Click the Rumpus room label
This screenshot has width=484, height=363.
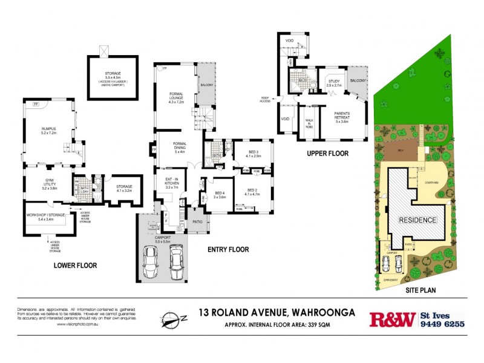pos(48,129)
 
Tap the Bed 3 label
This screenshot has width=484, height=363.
pos(253,153)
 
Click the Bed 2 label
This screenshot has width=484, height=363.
pos(253,191)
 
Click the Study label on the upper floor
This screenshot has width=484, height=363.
pos(334,82)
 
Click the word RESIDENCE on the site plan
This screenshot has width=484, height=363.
pos(417,220)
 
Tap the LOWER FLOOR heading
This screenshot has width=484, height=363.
pos(76,265)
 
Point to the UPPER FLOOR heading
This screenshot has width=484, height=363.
pos(327,154)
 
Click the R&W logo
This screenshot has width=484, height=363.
pos(392,319)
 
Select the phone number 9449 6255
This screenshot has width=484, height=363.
pos(443,324)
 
